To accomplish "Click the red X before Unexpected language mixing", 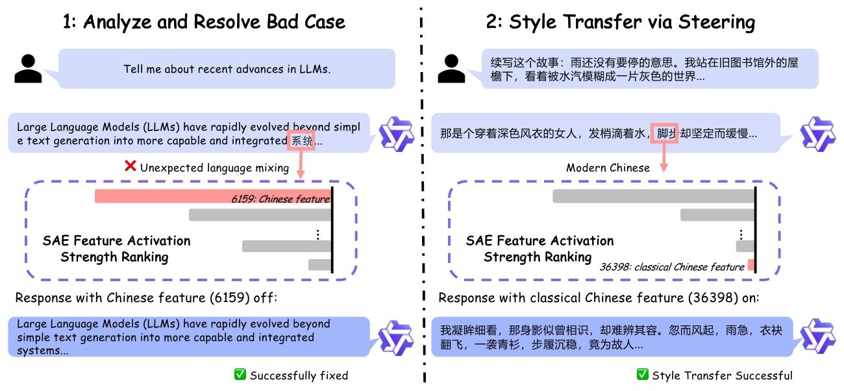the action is coord(130,166).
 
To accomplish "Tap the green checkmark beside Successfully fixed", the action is coord(240,374).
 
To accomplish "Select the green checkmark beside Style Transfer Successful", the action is coord(643,374).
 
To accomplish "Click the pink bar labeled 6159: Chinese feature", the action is coord(213,196).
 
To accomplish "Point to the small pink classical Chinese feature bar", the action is coord(751,265).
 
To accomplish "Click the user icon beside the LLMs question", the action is coord(28,68).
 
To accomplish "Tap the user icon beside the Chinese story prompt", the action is coord(451,68).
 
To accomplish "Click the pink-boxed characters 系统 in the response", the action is coord(301,141).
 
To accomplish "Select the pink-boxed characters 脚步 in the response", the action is coord(665,133).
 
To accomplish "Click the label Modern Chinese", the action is coord(608,168).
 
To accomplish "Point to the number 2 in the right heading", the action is coord(491,21).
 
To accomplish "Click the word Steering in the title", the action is coord(717,22).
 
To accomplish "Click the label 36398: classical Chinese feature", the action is coord(672,267).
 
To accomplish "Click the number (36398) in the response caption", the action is coord(713,298).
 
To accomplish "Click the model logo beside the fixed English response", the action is coord(396,338).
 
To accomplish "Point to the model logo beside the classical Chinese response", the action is coord(818,336).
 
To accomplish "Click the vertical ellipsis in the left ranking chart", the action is coord(318,235).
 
